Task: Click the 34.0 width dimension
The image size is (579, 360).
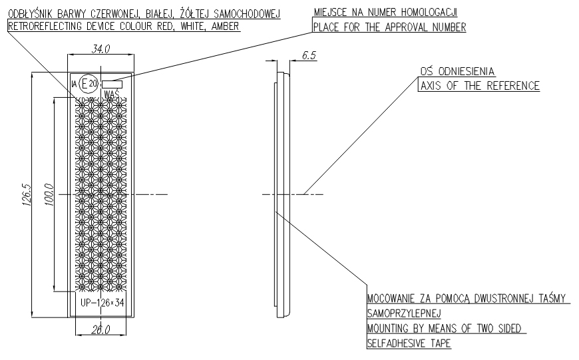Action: pos(100,49)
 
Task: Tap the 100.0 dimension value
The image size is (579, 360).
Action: pos(49,194)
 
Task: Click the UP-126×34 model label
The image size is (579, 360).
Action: pos(101,303)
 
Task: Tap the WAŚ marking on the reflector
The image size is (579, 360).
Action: pos(112,94)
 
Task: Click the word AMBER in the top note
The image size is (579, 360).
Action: pos(223,27)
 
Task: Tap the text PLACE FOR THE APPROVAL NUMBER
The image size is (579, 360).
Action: pos(390,27)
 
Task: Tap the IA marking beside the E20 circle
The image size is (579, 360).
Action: pos(74,83)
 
